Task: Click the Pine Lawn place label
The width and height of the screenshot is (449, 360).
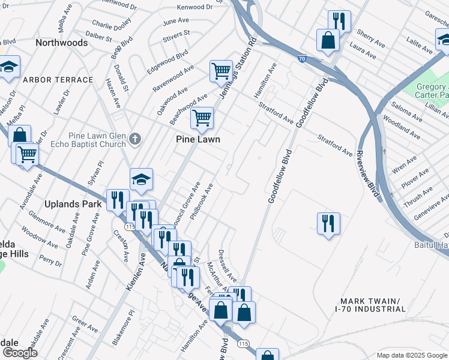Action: (x=197, y=139)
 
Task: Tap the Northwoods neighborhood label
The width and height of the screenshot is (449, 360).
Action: (x=61, y=43)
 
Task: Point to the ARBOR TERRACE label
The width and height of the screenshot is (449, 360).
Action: (x=58, y=80)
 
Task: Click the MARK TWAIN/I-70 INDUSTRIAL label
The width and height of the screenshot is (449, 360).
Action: (x=372, y=305)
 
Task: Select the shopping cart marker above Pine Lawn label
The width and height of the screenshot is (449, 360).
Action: (x=202, y=117)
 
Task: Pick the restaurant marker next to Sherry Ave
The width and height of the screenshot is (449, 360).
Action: (x=339, y=21)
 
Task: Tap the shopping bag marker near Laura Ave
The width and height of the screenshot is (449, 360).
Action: (x=328, y=41)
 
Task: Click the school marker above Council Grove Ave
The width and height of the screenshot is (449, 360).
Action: (x=141, y=179)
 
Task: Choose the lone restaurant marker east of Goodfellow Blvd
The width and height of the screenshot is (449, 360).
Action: (x=328, y=223)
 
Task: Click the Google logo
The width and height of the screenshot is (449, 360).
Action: (x=19, y=353)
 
